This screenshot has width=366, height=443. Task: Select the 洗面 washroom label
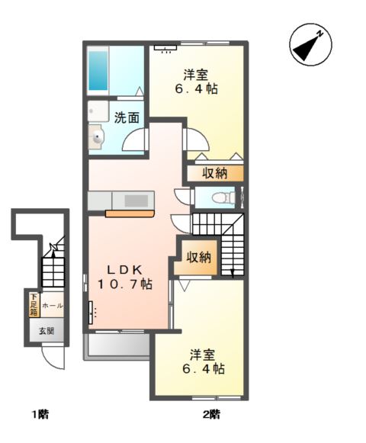coord(127,117)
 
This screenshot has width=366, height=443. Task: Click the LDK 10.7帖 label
coord(124,277)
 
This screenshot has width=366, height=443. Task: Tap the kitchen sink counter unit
coord(122,201)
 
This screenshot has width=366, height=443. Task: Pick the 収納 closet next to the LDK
coord(199,257)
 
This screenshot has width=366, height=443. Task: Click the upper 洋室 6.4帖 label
coord(196,82)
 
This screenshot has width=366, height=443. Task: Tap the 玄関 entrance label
coord(46,330)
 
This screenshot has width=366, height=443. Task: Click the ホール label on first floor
coord(53,305)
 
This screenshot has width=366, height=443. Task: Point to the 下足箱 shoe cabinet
coord(34,304)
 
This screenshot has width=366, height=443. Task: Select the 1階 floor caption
coord(40,415)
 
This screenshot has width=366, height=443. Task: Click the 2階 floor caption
coord(211,415)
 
